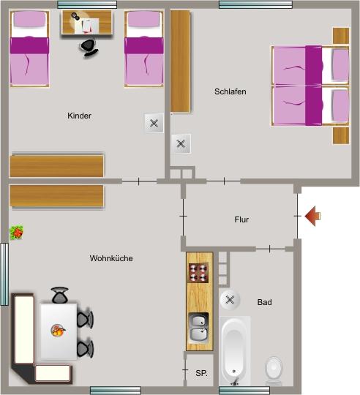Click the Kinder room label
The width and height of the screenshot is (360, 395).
[79, 116]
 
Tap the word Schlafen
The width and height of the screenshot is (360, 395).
[230, 91]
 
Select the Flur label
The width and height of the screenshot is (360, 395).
[241, 219]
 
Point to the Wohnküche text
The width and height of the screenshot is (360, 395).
[111, 258]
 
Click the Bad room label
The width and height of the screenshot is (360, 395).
[265, 302]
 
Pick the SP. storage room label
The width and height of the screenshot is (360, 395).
[201, 373]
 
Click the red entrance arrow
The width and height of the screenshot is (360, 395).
[312, 216]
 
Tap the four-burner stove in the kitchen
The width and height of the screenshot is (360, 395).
[198, 273]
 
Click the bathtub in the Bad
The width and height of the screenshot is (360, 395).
[235, 351]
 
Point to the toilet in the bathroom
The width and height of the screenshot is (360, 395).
[274, 370]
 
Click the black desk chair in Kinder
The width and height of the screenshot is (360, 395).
[89, 48]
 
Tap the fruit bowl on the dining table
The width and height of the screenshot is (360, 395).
[59, 331]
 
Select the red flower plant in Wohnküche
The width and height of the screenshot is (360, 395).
[16, 233]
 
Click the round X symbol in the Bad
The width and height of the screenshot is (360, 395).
[230, 300]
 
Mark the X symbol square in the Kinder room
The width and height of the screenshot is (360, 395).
[154, 124]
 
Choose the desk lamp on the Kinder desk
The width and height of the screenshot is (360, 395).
[75, 17]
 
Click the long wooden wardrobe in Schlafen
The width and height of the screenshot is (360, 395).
[181, 61]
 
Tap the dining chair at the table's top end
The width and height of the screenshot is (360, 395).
[60, 295]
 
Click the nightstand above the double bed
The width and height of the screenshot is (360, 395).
[341, 36]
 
